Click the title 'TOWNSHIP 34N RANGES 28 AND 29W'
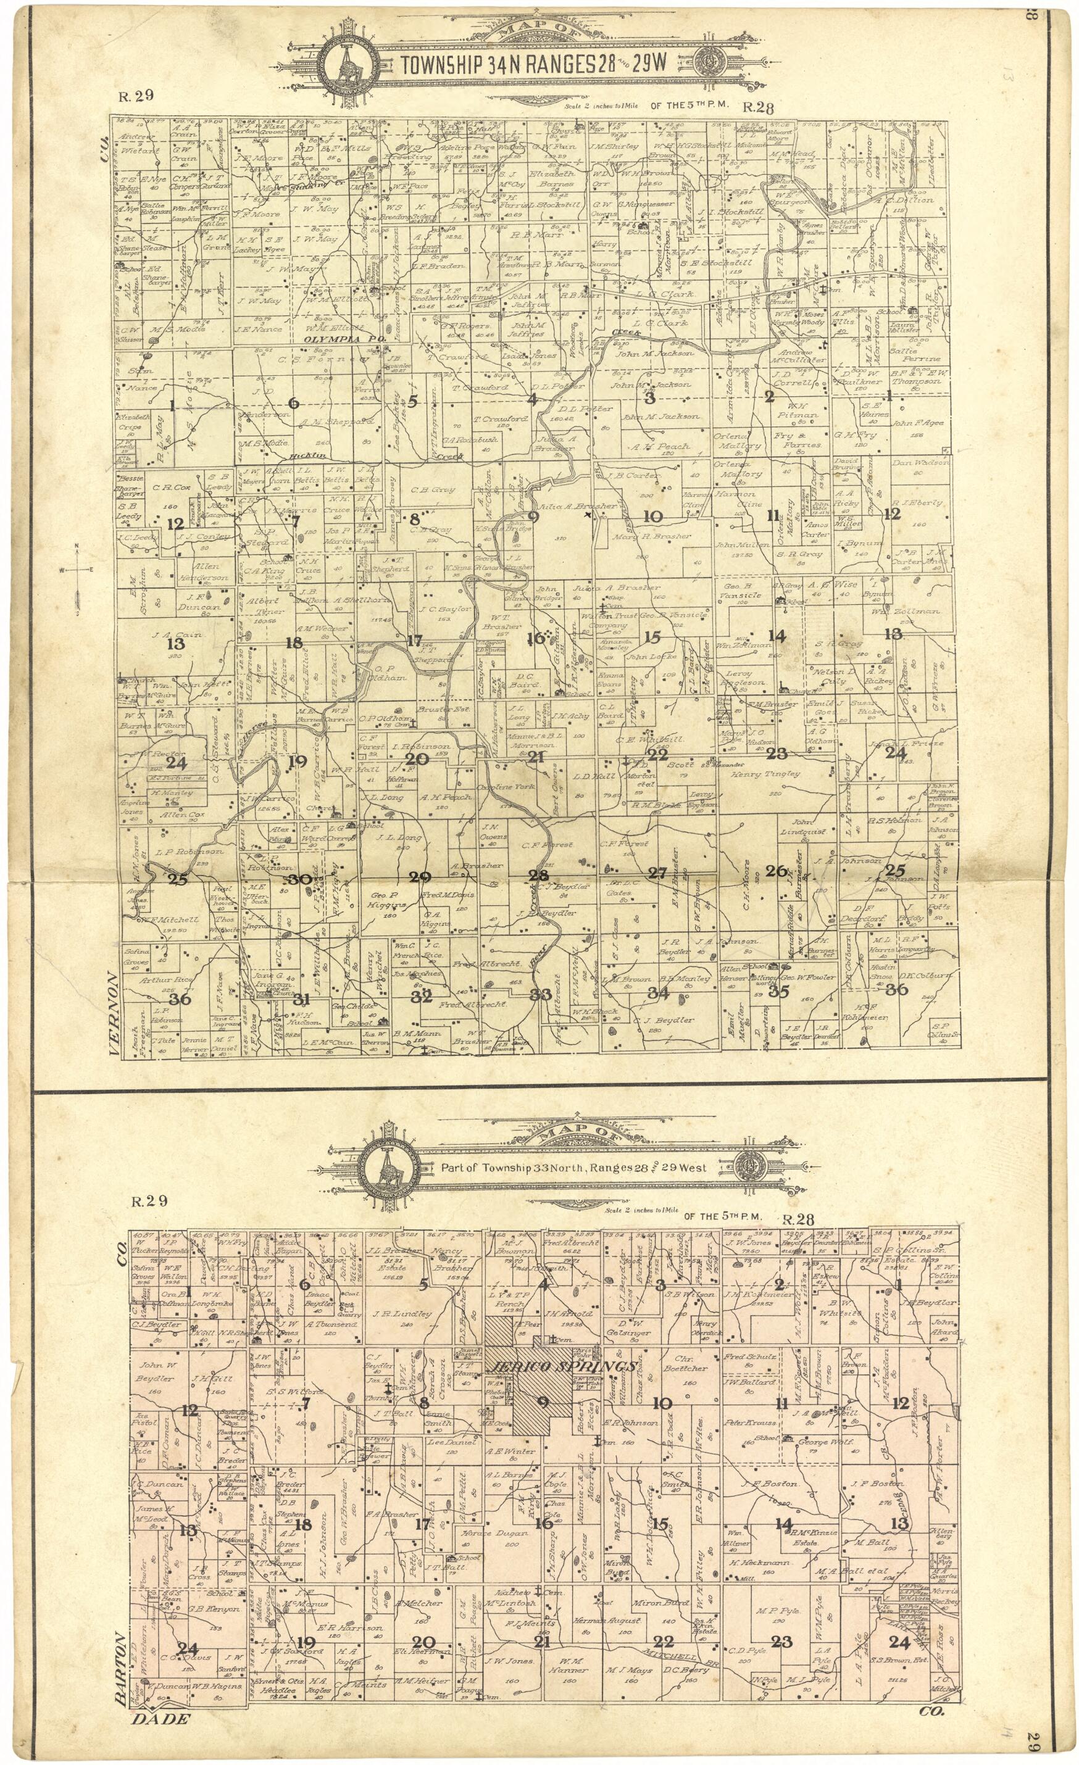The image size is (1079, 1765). coord(533,64)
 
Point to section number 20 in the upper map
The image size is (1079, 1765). coord(416,759)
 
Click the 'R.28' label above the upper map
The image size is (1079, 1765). coord(759,108)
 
